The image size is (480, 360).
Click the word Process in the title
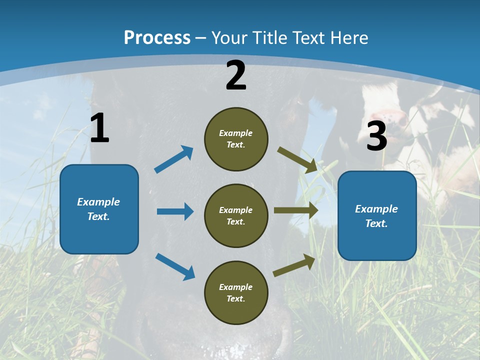pos(157,37)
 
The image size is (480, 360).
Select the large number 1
pos(99,128)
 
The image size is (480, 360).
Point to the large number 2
pos(236,75)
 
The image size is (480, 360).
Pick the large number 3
pos(376,136)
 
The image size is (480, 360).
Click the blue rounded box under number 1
pos(99,209)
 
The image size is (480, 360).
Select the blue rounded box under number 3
pos(377,216)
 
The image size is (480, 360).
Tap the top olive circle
pos(236,139)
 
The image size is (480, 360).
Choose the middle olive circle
pos(236,216)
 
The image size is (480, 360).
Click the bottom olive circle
pos(236,293)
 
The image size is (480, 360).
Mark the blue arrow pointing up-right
pos(174,159)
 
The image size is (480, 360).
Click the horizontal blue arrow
pos(175,211)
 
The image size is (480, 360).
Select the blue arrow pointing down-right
pos(175,266)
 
